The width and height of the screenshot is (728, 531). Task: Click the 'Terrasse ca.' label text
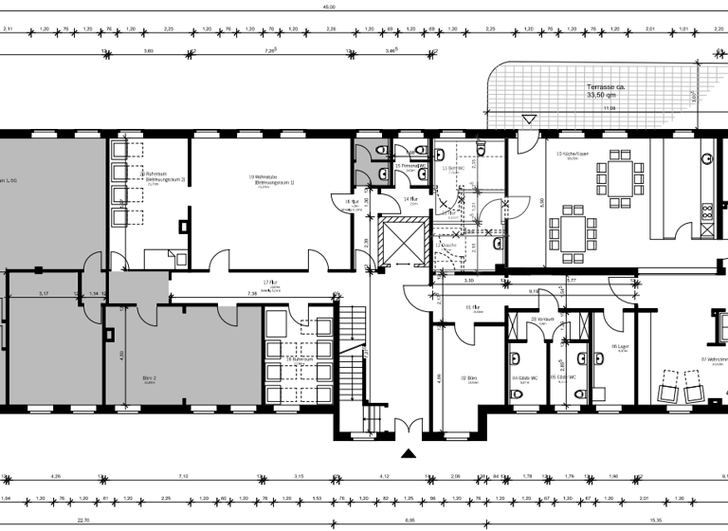tap(606, 86)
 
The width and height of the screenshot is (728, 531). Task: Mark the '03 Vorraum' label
tap(541, 320)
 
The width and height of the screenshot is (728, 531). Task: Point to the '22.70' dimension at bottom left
tap(82, 521)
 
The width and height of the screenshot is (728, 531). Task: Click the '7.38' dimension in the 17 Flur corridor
tap(252, 294)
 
